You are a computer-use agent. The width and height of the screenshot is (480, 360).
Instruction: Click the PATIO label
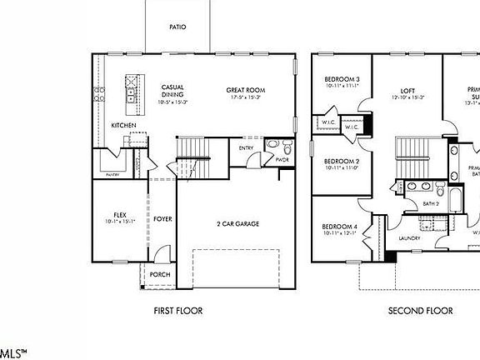pyautogui.click(x=177, y=27)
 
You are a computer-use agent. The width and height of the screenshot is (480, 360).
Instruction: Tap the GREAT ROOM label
pyautogui.click(x=244, y=90)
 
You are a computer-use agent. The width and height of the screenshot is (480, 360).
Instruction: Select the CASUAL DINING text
pyautogui.click(x=172, y=91)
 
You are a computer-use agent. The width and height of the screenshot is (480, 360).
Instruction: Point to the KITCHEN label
pyautogui.click(x=123, y=126)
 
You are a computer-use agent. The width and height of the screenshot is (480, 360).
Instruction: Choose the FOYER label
pyautogui.click(x=162, y=219)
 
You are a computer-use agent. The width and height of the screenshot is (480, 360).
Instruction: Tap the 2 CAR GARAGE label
pyautogui.click(x=238, y=224)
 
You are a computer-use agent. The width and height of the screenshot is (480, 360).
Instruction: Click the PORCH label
pyautogui.click(x=160, y=273)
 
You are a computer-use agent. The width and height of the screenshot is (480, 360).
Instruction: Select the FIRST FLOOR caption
pyautogui.click(x=178, y=311)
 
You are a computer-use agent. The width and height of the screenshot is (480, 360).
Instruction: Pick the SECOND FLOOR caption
pyautogui.click(x=421, y=311)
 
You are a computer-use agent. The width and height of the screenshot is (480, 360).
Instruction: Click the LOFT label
pyautogui.click(x=407, y=90)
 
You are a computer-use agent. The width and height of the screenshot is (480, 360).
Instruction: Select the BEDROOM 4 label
pyautogui.click(x=340, y=227)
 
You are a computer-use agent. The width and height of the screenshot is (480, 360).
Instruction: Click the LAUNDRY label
pyautogui.click(x=409, y=238)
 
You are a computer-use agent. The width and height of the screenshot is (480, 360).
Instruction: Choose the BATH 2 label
pyautogui.click(x=430, y=203)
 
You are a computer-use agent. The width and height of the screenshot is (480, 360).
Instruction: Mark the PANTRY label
pyautogui.click(x=112, y=175)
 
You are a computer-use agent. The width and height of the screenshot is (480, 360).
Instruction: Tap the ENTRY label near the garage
pyautogui.click(x=246, y=148)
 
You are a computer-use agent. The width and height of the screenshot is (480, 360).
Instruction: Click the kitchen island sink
pyautogui.click(x=131, y=97)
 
